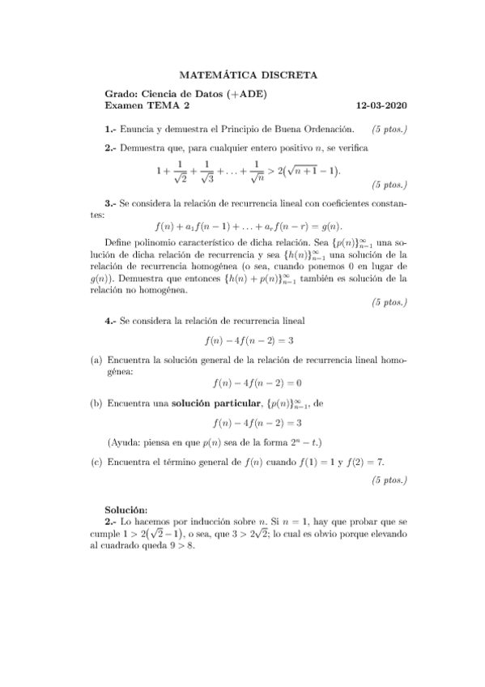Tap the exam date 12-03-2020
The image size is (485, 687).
(x=382, y=105)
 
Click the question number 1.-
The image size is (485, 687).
(x=112, y=128)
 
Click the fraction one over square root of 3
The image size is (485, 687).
(x=207, y=171)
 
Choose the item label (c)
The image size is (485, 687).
(x=96, y=463)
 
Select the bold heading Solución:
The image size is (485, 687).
(x=130, y=509)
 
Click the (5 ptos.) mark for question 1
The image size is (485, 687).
(x=389, y=128)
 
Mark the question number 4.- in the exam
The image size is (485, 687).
(x=112, y=321)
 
